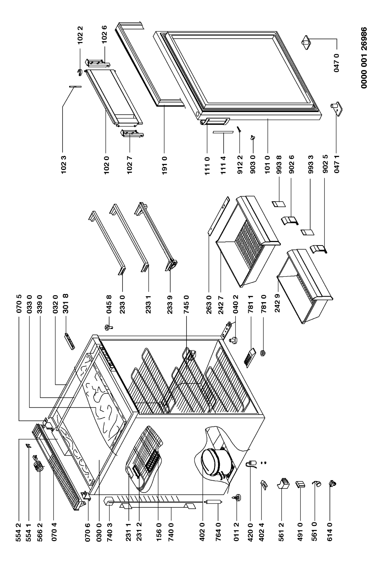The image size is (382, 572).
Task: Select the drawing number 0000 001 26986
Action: click(x=364, y=58)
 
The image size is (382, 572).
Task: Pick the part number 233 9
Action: click(x=170, y=304)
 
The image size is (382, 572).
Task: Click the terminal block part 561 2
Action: click(x=283, y=483)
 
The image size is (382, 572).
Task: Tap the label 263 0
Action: click(x=209, y=304)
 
